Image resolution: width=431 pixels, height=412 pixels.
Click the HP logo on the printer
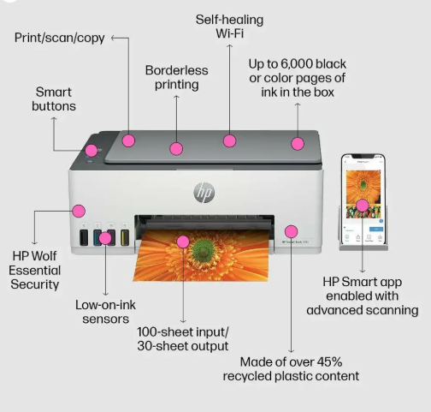point(204,193)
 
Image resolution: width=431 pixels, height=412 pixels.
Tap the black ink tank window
point(84,237)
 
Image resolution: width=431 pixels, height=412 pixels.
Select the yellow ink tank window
point(125,237)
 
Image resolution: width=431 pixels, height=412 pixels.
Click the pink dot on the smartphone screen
point(363,206)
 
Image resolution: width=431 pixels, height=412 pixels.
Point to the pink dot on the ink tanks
point(105,238)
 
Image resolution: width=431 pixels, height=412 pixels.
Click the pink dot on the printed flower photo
point(183,242)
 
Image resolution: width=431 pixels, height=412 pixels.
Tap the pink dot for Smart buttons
point(92,151)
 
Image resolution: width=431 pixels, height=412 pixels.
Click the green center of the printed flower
point(204,251)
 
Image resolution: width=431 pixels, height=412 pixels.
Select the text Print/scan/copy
point(60,38)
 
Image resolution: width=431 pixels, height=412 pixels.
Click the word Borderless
point(177,70)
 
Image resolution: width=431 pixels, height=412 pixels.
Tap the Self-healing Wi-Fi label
point(229,27)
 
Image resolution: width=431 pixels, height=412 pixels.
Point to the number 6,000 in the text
point(297,64)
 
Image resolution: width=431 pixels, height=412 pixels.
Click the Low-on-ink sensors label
point(105,312)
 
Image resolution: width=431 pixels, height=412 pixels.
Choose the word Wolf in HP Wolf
point(43,256)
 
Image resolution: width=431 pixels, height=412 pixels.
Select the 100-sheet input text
point(183,332)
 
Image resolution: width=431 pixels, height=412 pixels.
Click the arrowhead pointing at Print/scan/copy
point(113,38)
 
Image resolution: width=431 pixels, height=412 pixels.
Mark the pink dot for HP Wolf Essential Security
point(79,211)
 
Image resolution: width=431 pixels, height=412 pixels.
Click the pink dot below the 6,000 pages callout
point(298,144)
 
